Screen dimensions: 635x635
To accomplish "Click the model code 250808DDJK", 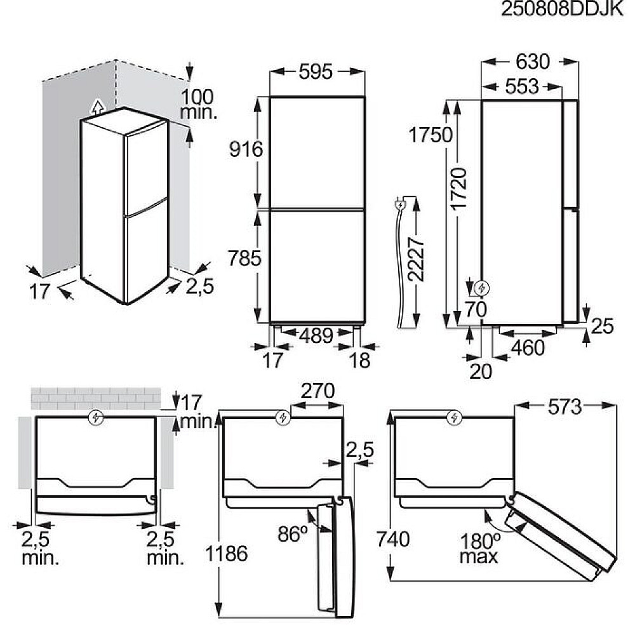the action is [x=562, y=8].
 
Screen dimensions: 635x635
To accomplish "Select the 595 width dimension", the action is [x=316, y=72].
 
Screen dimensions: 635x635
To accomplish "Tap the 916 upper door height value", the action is [x=246, y=149].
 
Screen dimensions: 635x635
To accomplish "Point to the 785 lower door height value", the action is [x=244, y=258].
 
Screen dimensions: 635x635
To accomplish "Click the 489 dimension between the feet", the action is [x=316, y=335].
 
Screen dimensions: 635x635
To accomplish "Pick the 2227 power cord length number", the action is [x=416, y=260].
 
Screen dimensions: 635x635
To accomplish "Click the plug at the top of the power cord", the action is [x=400, y=204].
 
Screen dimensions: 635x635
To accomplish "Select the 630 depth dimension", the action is [x=533, y=62].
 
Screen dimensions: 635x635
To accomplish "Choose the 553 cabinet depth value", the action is [x=523, y=86].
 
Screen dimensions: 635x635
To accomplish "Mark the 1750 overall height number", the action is [x=431, y=135].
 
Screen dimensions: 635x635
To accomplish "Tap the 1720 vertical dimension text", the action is [x=459, y=189].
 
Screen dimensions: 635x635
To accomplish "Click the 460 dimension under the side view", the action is [x=528, y=348].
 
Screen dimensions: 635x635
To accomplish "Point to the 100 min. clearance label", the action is [x=198, y=105].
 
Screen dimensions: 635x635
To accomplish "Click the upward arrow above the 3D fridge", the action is [x=97, y=107].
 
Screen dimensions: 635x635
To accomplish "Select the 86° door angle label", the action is [x=293, y=534].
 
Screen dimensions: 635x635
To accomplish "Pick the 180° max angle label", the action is [x=480, y=549].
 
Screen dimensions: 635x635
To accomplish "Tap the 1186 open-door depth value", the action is [x=227, y=554].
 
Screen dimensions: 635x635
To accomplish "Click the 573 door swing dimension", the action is [x=565, y=407].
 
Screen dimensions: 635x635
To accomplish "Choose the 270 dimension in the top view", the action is [x=318, y=391].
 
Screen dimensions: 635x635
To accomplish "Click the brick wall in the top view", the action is [x=96, y=399].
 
